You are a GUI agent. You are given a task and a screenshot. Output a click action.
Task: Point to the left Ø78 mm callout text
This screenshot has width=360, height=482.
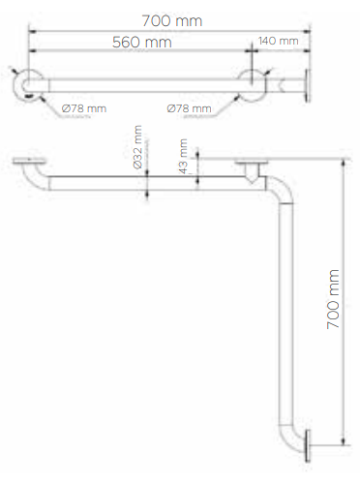click(x=82, y=107)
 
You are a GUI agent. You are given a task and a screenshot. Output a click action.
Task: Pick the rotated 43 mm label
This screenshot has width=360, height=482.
click(x=184, y=153)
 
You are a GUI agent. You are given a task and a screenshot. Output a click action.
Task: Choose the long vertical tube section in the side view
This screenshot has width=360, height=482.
click(x=288, y=310)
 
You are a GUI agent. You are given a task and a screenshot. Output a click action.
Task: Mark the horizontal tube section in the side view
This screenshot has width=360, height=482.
click(x=145, y=182)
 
